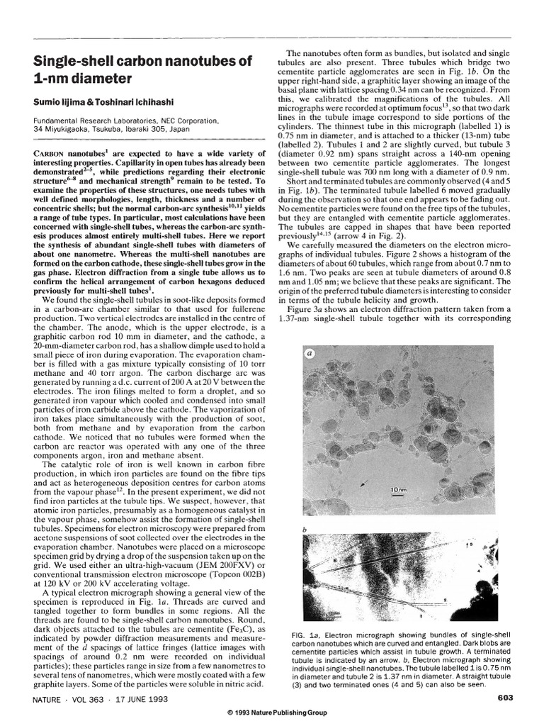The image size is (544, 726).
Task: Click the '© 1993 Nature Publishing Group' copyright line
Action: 273,713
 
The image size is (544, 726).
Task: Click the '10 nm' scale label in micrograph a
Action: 398,490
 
